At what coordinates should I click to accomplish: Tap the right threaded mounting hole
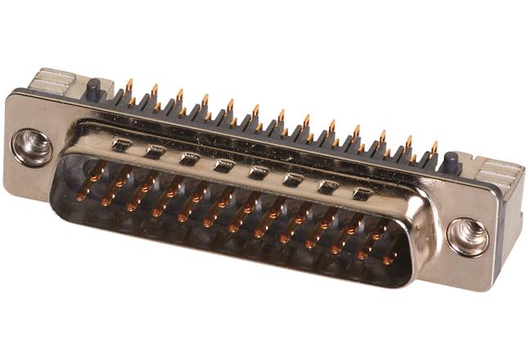467,237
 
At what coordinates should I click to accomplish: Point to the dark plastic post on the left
94,88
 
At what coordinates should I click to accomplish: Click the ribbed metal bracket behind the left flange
52,82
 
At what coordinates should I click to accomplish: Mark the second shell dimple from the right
328,187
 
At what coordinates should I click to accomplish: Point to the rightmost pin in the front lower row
387,260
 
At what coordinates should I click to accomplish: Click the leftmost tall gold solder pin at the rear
129,84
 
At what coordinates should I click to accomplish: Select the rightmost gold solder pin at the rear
434,148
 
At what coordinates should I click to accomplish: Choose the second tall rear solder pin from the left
154,89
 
